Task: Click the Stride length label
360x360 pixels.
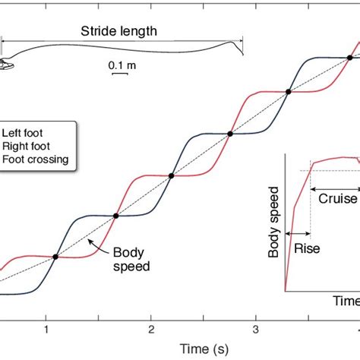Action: click(119, 31)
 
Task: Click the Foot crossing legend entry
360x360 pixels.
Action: click(36, 159)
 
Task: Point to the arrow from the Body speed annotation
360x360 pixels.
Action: click(97, 245)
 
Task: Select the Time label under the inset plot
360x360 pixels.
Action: click(346, 301)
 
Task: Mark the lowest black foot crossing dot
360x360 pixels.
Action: click(55, 257)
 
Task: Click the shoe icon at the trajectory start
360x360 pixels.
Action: click(6, 65)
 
